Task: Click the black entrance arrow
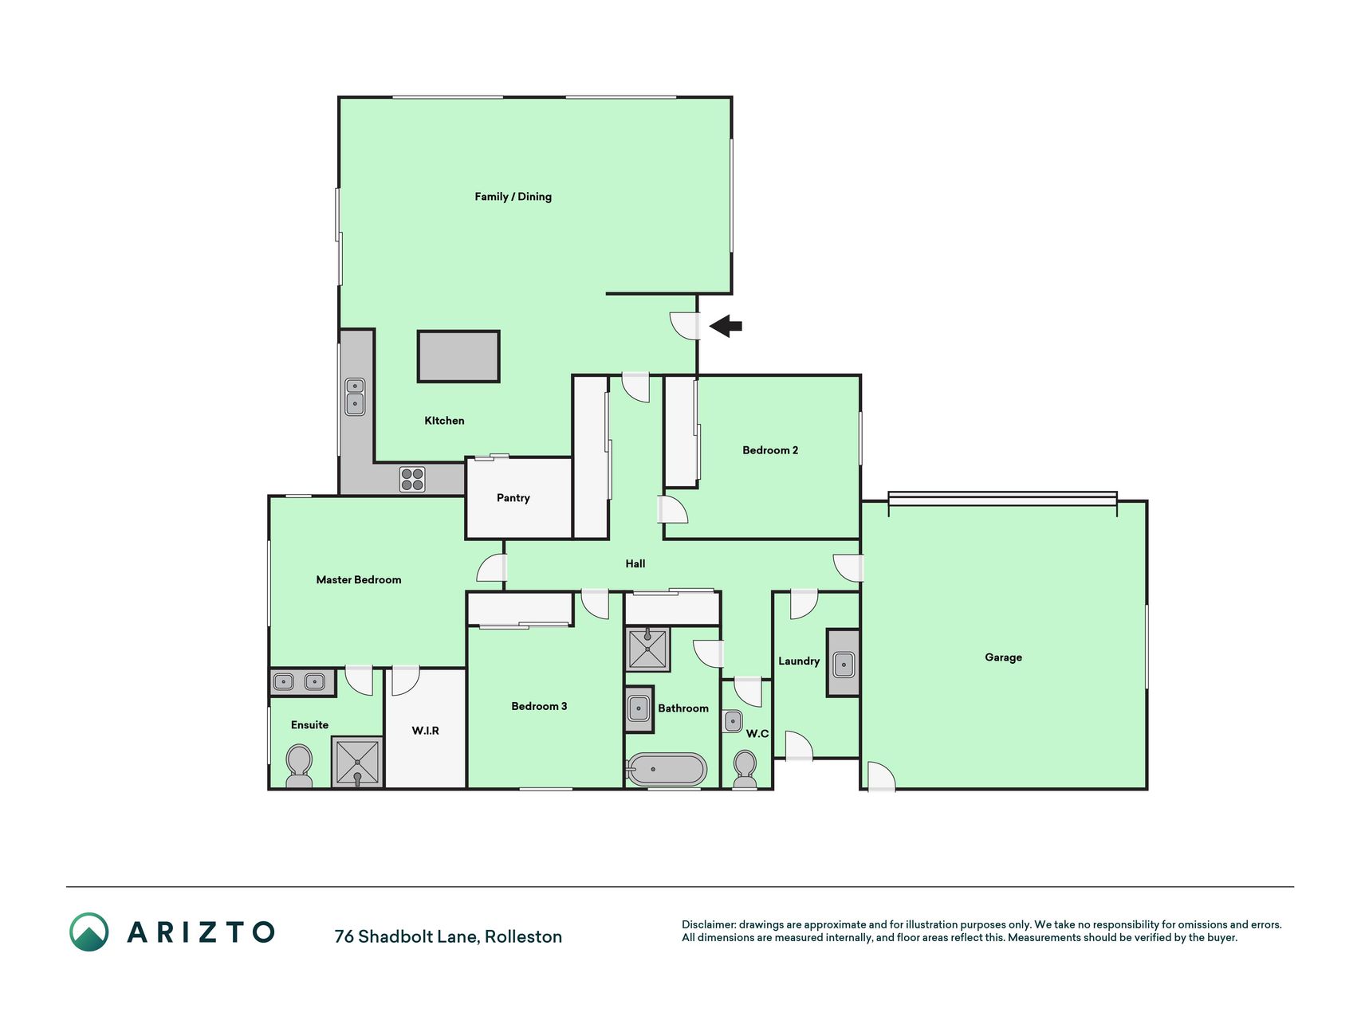[726, 326]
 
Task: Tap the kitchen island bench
[458, 356]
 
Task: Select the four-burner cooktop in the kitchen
[412, 479]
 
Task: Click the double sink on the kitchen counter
[355, 397]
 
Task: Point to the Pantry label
[513, 498]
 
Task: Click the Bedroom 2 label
[770, 450]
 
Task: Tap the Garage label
[1003, 657]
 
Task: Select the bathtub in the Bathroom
[667, 770]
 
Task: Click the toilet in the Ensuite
[299, 766]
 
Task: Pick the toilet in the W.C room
[745, 769]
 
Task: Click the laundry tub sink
[844, 663]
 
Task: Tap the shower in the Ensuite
[357, 763]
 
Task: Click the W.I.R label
[425, 730]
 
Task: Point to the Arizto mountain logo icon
[89, 932]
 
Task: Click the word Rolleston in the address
[523, 936]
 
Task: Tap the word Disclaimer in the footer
[708, 924]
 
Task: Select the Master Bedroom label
[359, 580]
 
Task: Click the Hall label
[635, 564]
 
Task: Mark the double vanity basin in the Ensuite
[300, 682]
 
